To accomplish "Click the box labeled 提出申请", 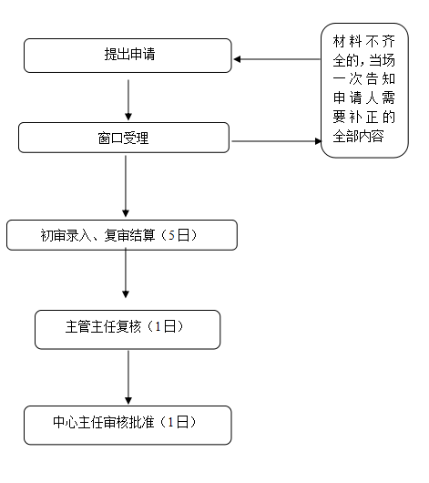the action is coord(128,56).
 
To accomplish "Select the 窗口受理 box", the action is coord(124,138).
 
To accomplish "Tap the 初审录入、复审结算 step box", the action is coord(122,235).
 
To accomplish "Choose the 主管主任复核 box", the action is coord(128,330).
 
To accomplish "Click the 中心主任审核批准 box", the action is coord(128,425).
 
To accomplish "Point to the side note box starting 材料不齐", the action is coord(364,90).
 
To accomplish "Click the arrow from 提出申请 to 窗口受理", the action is coord(128,100).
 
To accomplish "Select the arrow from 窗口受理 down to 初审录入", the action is coord(126,186).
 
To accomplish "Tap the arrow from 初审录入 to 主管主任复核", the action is coord(126,272).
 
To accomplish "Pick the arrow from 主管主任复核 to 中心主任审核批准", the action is coord(128,377).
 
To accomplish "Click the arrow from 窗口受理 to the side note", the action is coord(276,141).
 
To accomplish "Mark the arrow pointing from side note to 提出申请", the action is coord(277,59).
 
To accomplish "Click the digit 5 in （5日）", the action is coord(171,236).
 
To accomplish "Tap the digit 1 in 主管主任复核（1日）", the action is coord(158,326).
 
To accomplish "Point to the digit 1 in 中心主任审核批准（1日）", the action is coord(170,422).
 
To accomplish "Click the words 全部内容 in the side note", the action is coord(359,136).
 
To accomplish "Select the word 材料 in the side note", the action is coord(347,41).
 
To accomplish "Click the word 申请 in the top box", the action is coord(142,54).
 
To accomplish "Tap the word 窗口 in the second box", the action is coord(110,138).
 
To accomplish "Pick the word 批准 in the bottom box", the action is coord(141,422).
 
